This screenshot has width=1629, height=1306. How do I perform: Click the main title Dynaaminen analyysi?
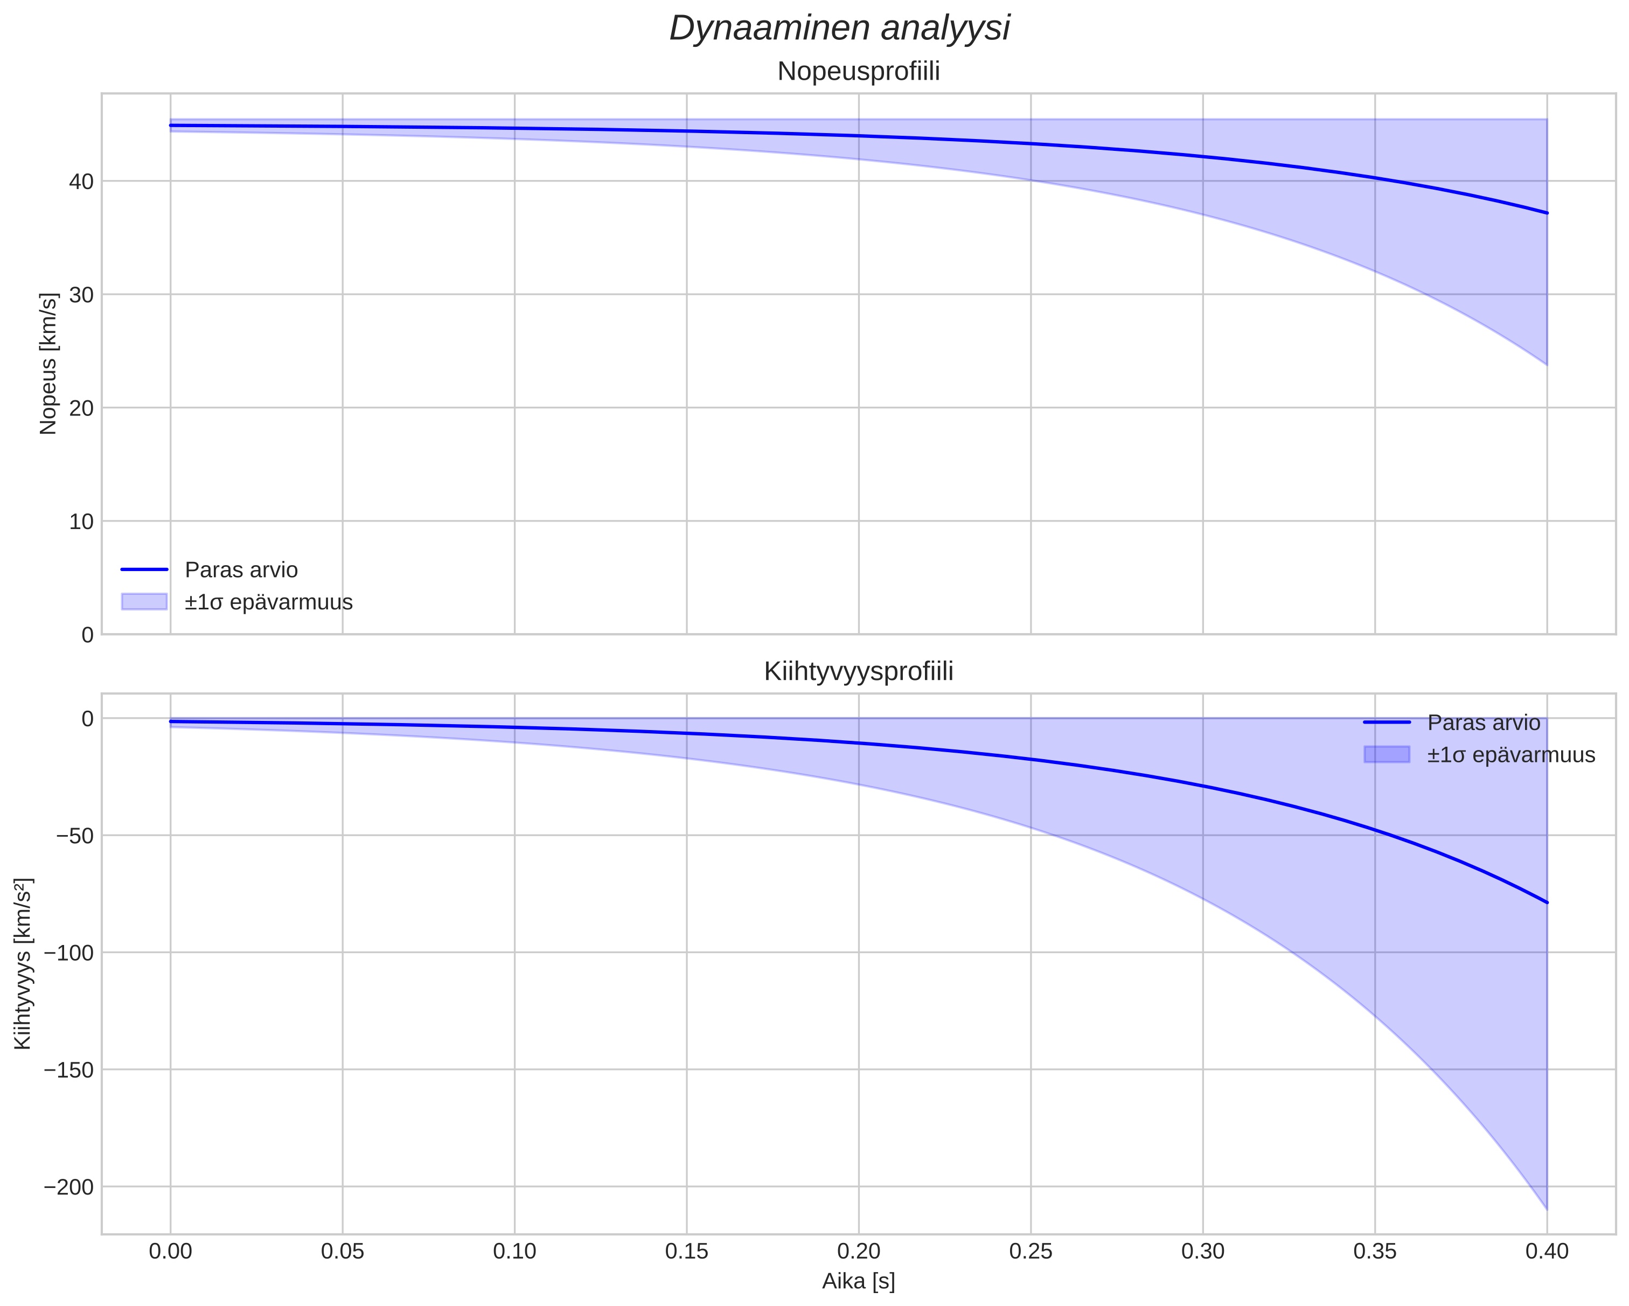(839, 29)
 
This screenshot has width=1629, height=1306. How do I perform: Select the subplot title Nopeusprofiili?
(858, 72)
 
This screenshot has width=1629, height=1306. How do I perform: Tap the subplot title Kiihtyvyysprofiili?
(858, 671)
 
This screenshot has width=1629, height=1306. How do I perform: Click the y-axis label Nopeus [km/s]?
(48, 364)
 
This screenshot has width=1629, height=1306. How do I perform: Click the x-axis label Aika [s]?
(858, 1281)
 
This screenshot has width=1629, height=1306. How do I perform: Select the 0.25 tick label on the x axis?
(1031, 1252)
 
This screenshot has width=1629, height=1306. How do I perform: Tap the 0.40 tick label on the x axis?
(1547, 1252)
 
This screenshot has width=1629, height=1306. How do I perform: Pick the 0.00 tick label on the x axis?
(171, 1252)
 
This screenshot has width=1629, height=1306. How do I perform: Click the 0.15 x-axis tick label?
(686, 1252)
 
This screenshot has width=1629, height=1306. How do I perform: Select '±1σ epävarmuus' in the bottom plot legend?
(1510, 755)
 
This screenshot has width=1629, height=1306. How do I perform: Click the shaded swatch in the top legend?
(143, 602)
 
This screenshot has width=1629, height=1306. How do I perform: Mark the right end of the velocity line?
(1547, 213)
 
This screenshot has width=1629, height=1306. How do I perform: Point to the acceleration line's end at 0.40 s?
(1547, 902)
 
